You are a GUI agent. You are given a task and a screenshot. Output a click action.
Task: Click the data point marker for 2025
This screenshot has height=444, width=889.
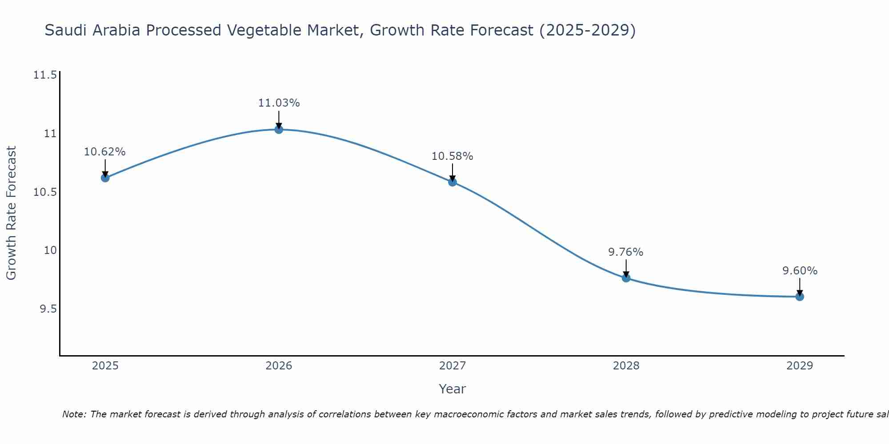point(105,178)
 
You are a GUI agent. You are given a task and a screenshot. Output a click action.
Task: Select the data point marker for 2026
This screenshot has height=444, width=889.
point(279,129)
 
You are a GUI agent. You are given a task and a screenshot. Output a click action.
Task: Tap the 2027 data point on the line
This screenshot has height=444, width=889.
point(453,182)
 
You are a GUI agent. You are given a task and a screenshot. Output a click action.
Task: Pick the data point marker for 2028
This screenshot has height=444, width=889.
point(626,278)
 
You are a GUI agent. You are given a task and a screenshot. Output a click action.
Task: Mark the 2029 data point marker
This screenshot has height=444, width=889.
point(800,297)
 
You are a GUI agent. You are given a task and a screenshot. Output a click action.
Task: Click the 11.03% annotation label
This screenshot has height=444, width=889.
point(279,103)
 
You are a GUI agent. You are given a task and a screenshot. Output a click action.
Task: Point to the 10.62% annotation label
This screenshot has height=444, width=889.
point(105,152)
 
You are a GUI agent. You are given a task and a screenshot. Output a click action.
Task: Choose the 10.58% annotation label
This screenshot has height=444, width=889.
point(453,156)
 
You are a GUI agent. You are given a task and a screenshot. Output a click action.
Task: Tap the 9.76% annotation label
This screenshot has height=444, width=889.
point(626,252)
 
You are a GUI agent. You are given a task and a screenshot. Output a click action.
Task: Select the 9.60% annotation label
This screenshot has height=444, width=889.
point(800,271)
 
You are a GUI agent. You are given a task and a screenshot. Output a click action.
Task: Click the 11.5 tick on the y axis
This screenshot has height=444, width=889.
point(45,75)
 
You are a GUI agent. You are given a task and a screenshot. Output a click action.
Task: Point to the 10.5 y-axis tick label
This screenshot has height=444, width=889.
point(45,192)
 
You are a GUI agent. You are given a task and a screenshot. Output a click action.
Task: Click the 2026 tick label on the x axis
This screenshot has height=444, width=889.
point(279,366)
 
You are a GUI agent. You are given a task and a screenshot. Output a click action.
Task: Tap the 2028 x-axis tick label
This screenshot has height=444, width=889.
point(626,366)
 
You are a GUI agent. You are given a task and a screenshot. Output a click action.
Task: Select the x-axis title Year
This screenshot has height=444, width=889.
point(452,389)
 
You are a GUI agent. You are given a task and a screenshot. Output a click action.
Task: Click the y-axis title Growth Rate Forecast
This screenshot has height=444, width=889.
point(11,213)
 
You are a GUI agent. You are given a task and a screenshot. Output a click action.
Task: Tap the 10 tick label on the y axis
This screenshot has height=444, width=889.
point(51,250)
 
